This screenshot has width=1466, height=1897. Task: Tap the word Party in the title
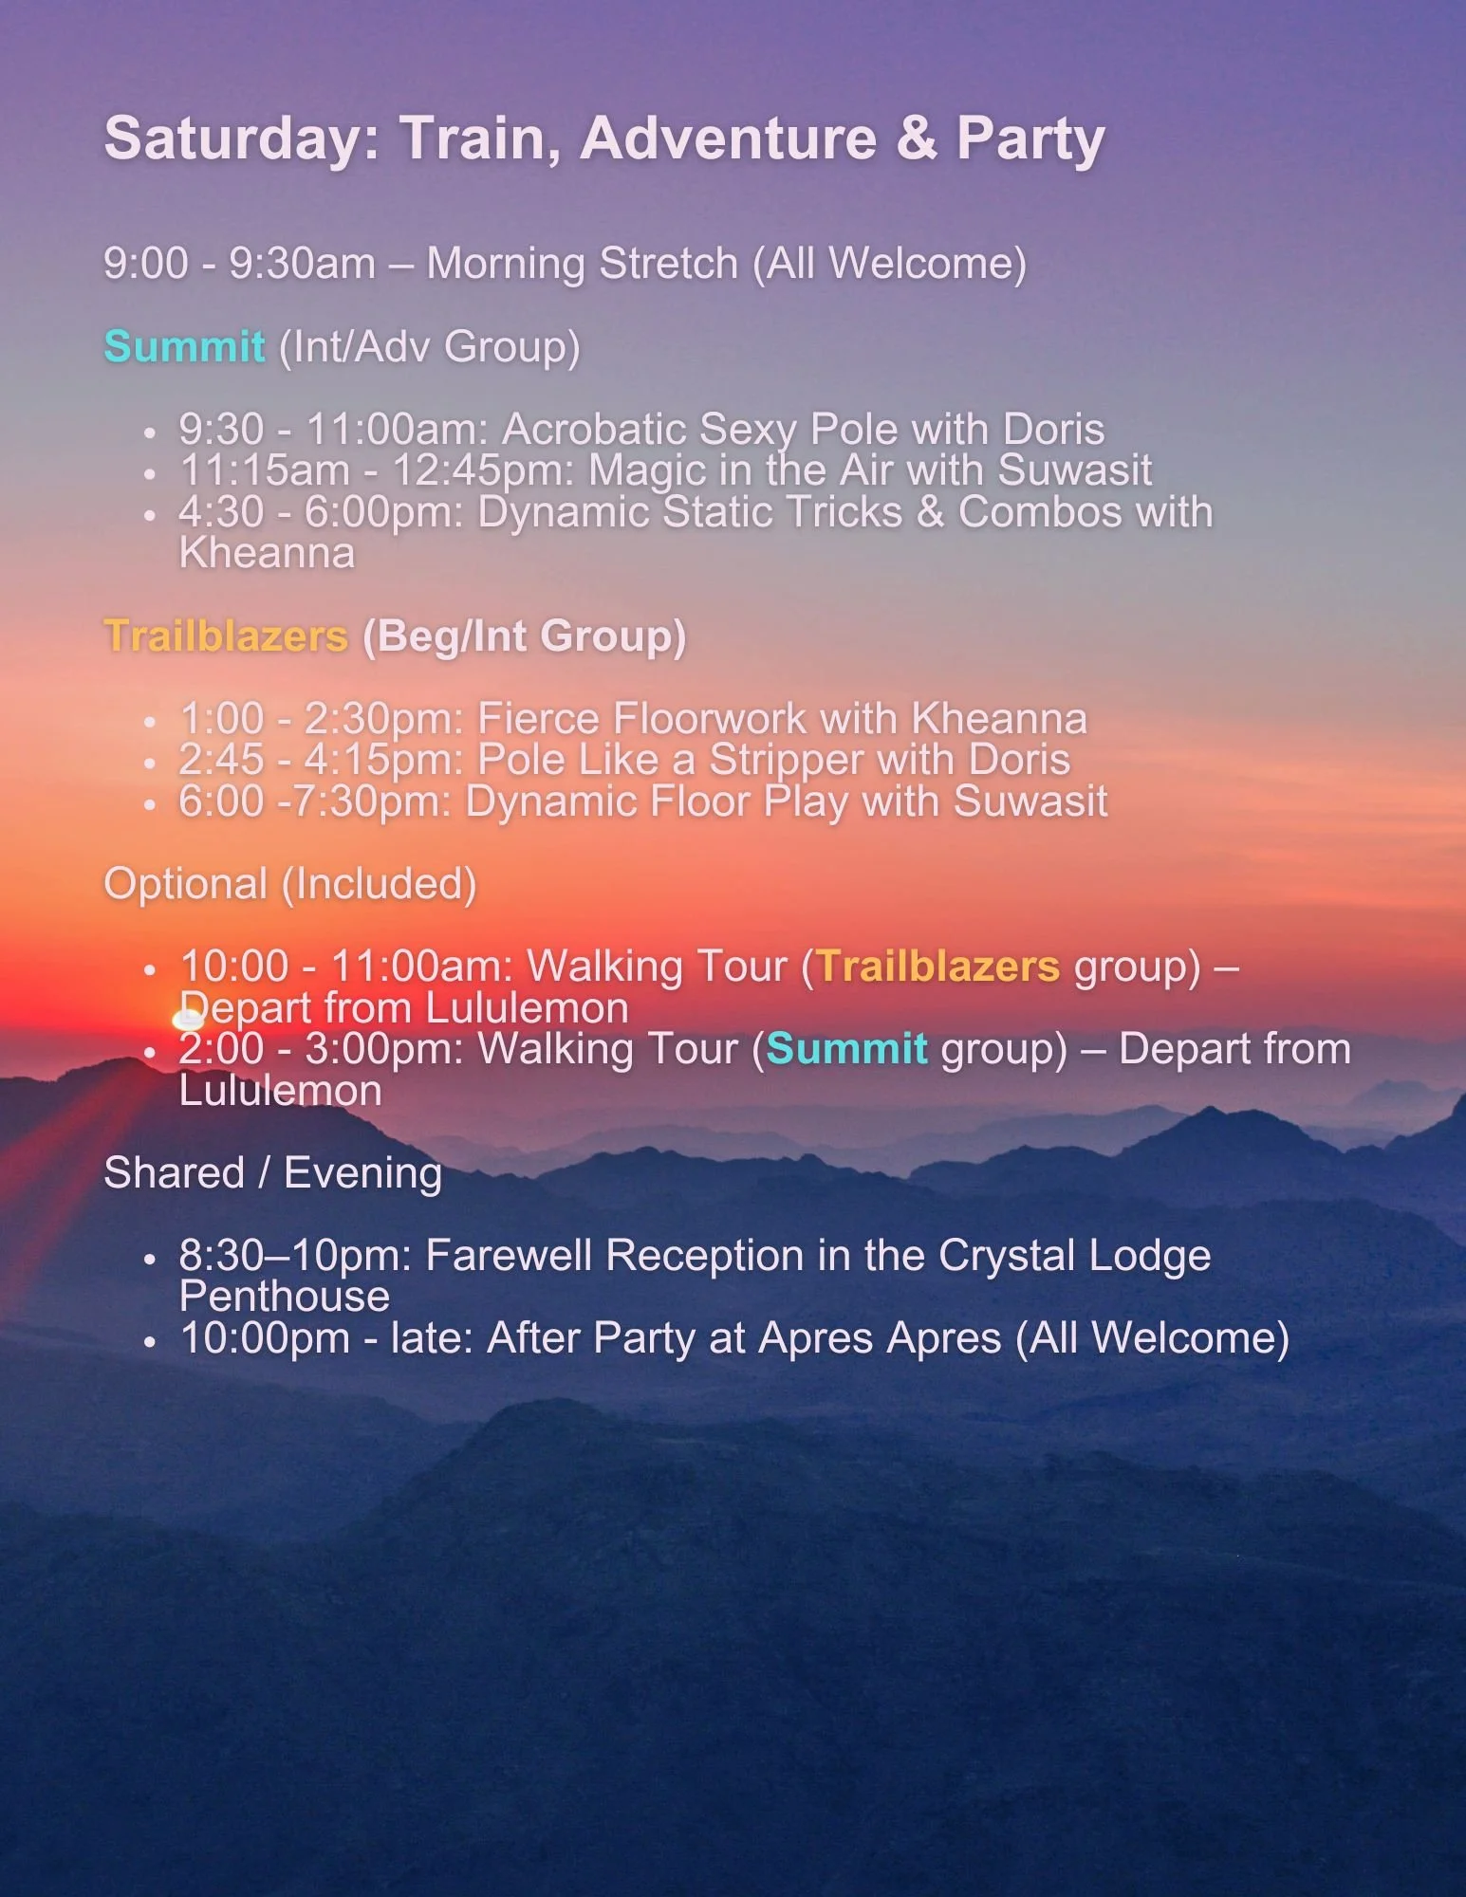pos(1030,138)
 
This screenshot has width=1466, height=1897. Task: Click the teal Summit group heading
pos(184,346)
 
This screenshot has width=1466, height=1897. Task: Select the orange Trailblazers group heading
pos(226,635)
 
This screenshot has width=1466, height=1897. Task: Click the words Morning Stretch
pos(582,263)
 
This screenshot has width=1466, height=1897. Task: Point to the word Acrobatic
pos(594,429)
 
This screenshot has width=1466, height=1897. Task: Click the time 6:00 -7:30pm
pos(314,801)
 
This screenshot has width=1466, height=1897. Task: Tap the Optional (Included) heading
pos(290,884)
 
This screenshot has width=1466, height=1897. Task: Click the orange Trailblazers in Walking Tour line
pos(937,967)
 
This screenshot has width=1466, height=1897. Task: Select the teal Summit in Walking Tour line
pos(846,1049)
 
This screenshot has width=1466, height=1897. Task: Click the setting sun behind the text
pos(187,1021)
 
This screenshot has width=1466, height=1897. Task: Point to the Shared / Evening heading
pos(273,1173)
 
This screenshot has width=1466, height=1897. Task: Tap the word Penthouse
pos(285,1297)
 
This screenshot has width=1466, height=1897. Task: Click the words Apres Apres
pos(880,1338)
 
